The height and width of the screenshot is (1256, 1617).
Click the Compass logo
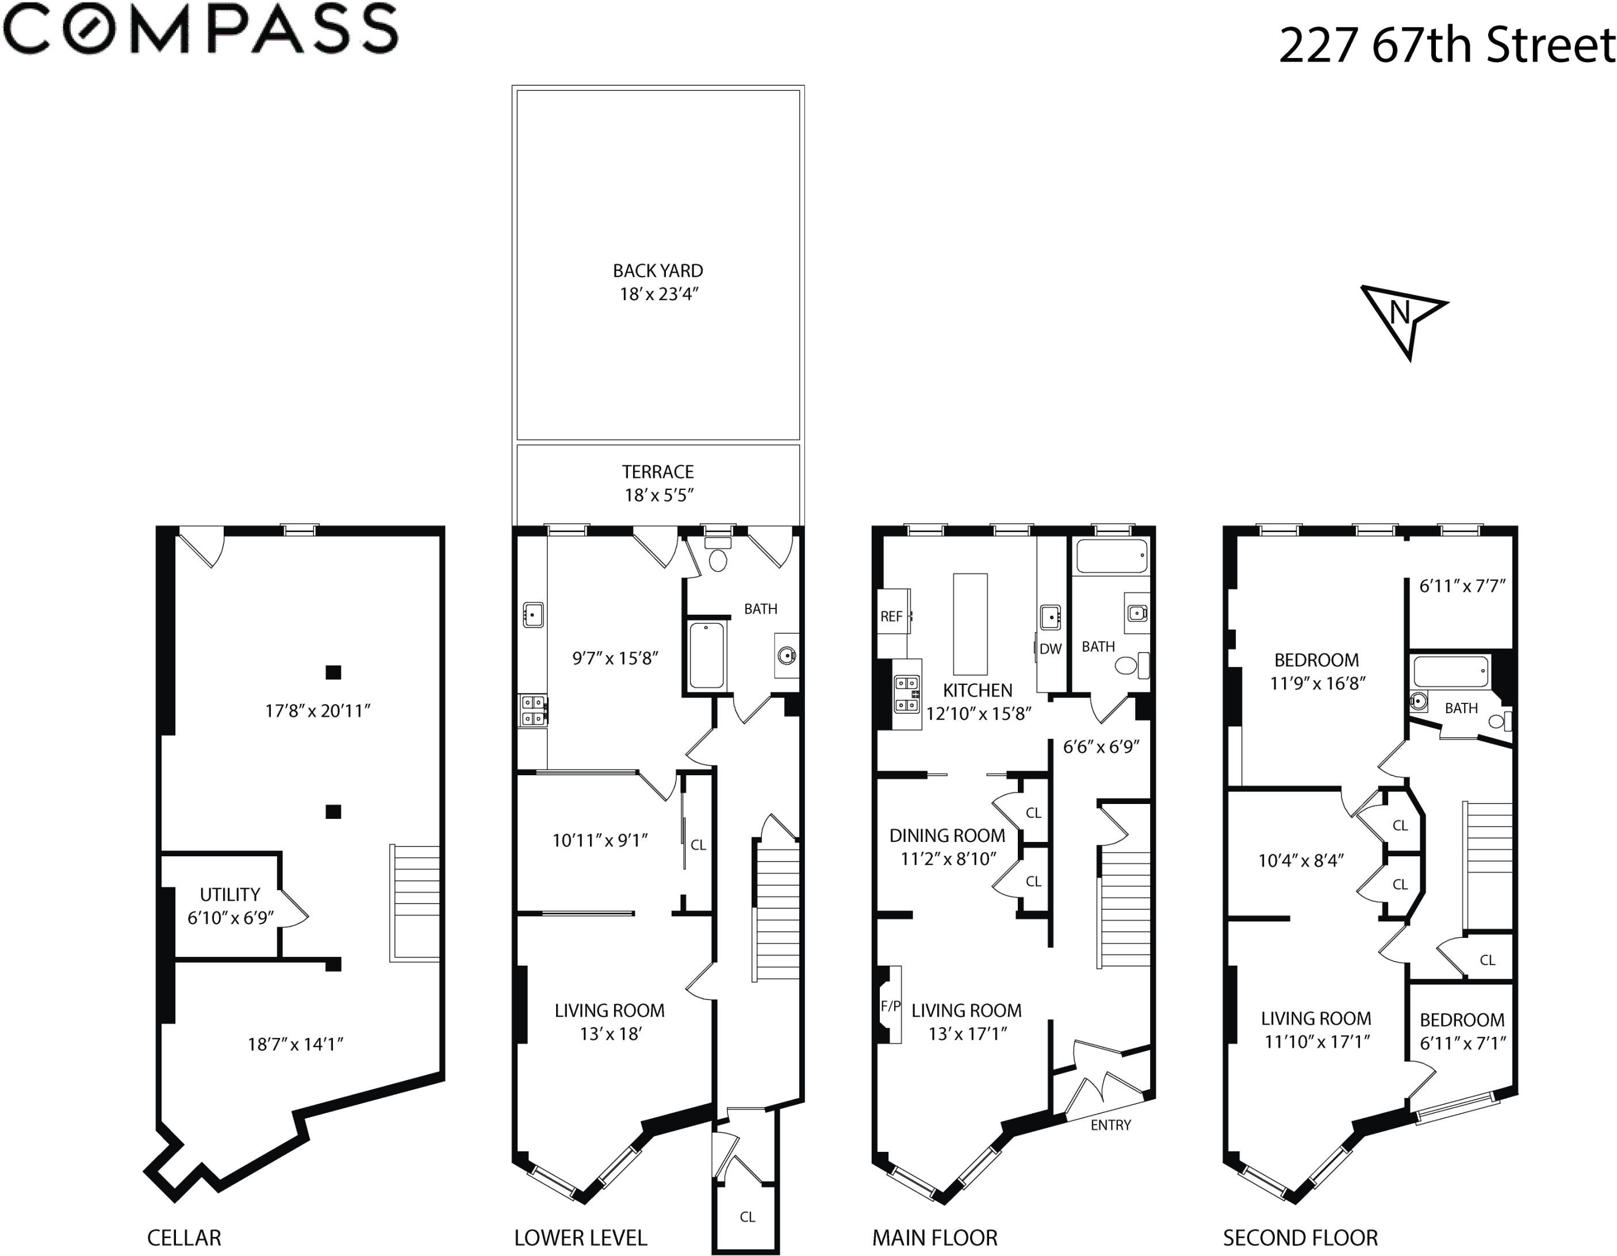click(x=200, y=30)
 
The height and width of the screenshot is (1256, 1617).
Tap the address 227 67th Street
click(x=1447, y=45)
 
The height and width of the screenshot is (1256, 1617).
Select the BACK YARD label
click(x=657, y=271)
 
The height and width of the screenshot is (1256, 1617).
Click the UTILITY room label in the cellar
click(x=229, y=895)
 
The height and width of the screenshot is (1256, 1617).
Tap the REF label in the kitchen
click(x=891, y=616)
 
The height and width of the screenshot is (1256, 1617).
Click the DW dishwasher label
click(x=1051, y=649)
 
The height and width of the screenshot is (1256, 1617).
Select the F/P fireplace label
click(x=891, y=1006)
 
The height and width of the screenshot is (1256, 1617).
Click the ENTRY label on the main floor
click(x=1110, y=1125)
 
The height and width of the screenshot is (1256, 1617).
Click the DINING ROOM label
click(x=947, y=836)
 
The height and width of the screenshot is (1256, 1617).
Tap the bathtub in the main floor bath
click(x=1112, y=556)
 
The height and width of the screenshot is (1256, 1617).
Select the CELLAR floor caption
click(x=183, y=1238)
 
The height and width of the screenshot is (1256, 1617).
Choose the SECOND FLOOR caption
click(x=1300, y=1238)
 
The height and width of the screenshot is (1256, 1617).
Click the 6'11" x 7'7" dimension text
click(x=1462, y=586)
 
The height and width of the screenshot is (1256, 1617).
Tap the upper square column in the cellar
click(x=333, y=672)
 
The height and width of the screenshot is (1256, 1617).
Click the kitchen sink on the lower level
click(x=533, y=615)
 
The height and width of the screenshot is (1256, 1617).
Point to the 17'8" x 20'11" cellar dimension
click(x=317, y=711)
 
